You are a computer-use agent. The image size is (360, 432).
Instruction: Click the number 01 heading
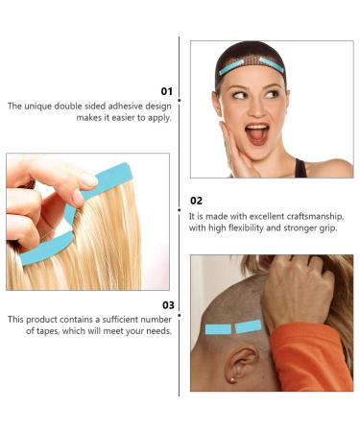pyautogui.click(x=164, y=91)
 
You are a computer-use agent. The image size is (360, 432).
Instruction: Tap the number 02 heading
pyautogui.click(x=197, y=202)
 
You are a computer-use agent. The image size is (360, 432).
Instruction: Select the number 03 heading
pyautogui.click(x=164, y=304)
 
